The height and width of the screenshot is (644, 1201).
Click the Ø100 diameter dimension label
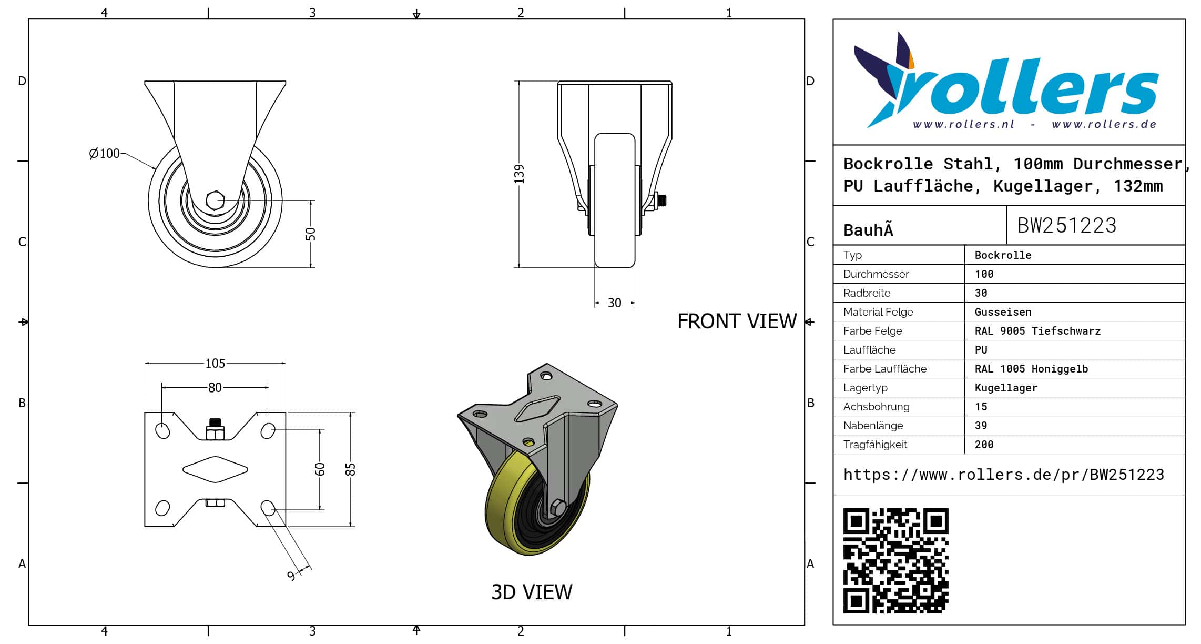(105, 153)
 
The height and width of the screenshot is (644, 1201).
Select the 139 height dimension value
(520, 174)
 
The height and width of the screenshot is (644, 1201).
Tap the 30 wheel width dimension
(614, 303)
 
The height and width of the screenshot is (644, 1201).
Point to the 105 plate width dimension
(215, 363)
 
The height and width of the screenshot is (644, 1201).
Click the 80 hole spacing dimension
(215, 388)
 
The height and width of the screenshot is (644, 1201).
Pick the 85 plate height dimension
(351, 469)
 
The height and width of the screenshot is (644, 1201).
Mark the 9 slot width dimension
(291, 576)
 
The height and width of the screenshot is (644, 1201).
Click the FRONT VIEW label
(737, 321)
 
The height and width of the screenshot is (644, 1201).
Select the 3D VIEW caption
(532, 592)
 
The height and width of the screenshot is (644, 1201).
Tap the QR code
(895, 560)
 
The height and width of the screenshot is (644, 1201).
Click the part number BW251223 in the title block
(1066, 226)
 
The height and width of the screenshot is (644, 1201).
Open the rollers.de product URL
(1003, 475)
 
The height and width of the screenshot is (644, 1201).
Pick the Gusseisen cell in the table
(1003, 312)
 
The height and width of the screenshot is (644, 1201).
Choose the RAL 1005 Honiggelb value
(1031, 369)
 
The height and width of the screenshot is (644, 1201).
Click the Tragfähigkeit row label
(875, 445)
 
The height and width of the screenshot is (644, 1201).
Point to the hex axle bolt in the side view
(215, 200)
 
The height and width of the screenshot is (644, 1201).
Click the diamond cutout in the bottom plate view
(215, 469)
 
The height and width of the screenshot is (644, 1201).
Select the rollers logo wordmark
(1025, 87)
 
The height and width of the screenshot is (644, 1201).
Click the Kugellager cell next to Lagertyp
(1006, 388)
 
